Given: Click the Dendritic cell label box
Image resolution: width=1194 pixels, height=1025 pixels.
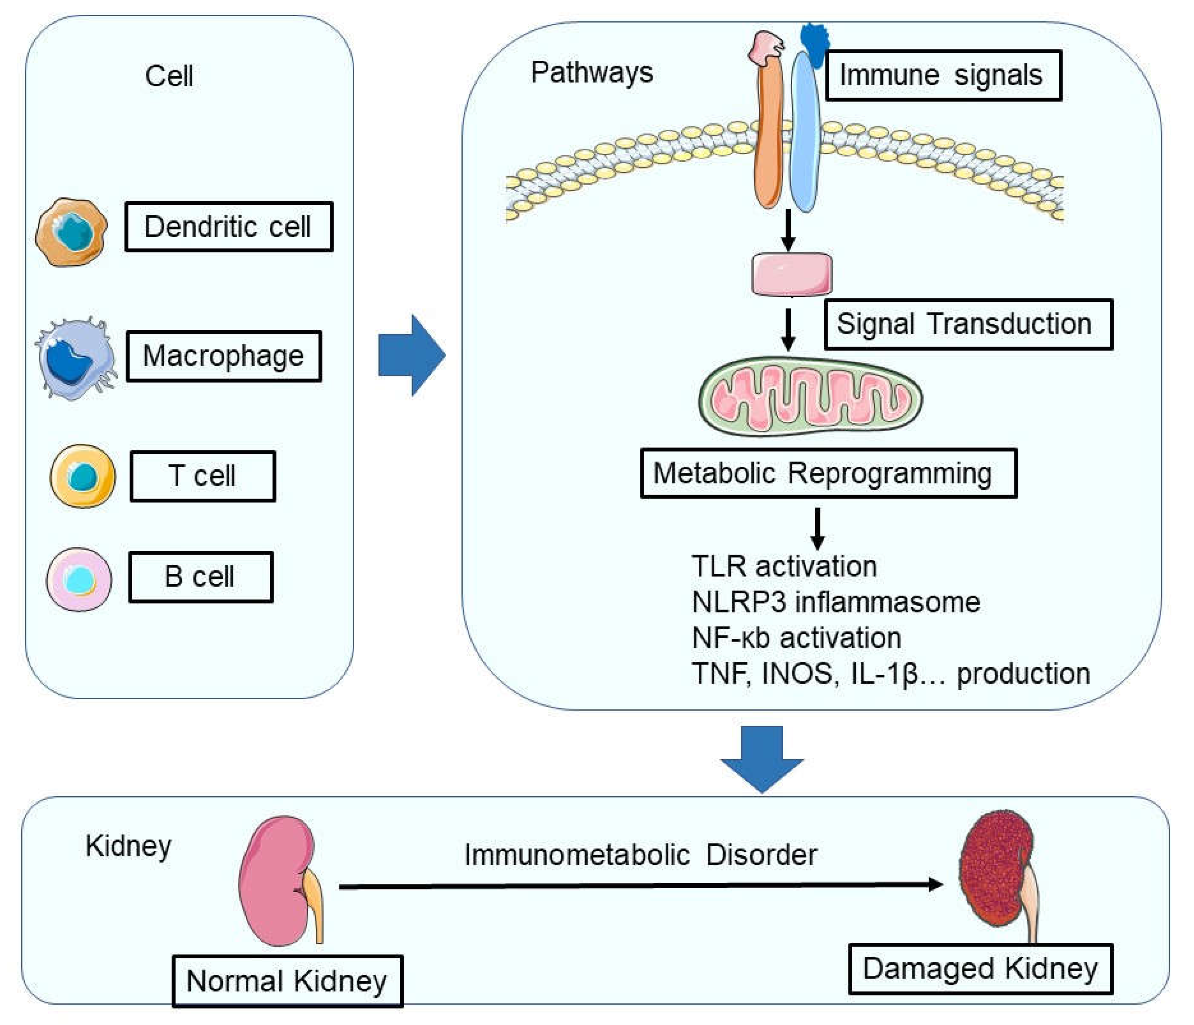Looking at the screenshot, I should coord(229,227).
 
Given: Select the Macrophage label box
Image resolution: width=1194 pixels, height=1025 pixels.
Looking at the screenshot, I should coord(223,356).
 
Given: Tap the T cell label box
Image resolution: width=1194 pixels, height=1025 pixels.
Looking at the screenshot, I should coord(203,476).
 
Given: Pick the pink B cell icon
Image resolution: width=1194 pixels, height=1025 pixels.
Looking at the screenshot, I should coord(79,579).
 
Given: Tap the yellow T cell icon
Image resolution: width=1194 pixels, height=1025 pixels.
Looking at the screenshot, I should coord(83,476).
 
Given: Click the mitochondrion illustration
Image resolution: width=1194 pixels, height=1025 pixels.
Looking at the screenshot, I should coord(810,397).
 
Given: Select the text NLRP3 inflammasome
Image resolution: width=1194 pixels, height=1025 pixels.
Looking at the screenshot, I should coord(836,602).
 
